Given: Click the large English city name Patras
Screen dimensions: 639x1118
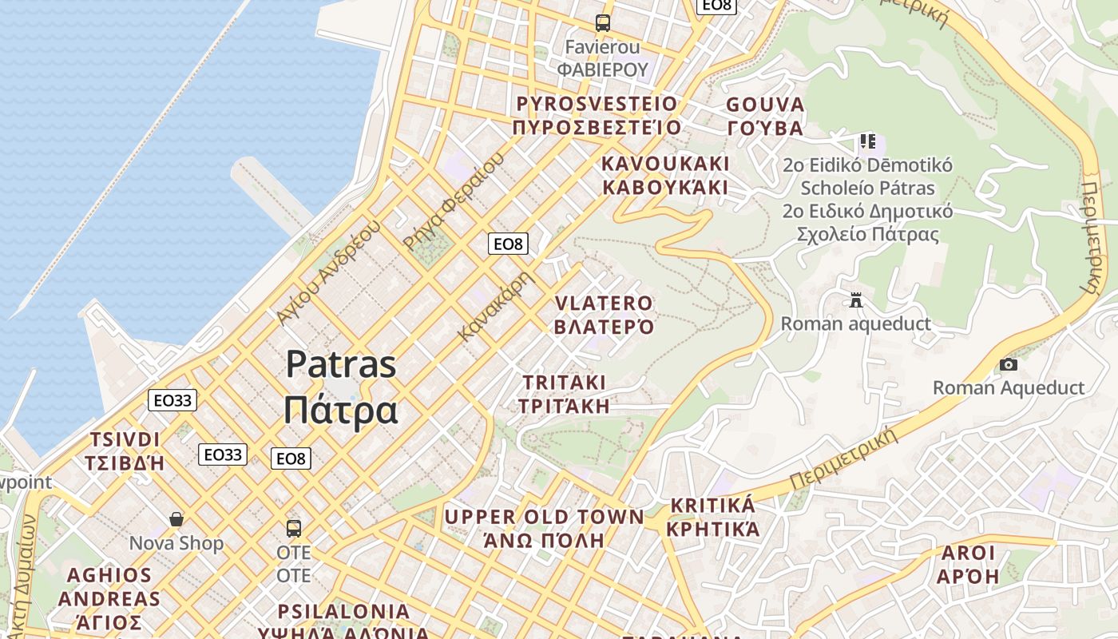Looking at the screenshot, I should [x=341, y=364].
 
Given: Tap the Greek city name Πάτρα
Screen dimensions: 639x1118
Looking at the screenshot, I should [x=341, y=410].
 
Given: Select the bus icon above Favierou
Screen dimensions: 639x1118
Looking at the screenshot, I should [x=603, y=23].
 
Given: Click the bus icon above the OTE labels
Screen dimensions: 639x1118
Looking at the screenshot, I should [x=294, y=528].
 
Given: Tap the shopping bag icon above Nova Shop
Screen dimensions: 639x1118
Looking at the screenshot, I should [x=176, y=519].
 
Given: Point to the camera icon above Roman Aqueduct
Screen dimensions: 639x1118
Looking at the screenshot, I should [x=1009, y=364].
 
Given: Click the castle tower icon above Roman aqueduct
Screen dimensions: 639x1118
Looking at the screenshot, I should [x=856, y=300].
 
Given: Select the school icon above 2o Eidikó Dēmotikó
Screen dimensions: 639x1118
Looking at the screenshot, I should [x=868, y=142].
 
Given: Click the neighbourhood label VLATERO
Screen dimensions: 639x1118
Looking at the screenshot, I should [x=604, y=304].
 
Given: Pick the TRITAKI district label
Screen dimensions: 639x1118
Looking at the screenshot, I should [x=564, y=382].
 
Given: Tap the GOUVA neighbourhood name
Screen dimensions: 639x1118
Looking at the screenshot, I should [x=765, y=105].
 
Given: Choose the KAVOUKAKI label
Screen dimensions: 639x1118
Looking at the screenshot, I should [x=665, y=164].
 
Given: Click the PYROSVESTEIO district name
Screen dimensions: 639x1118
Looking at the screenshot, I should [x=597, y=104].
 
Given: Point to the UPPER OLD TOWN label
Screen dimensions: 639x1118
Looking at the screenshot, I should [x=544, y=517].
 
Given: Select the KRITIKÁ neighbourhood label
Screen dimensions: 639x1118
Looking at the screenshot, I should [x=712, y=506].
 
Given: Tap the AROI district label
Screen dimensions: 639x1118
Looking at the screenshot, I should [x=969, y=553].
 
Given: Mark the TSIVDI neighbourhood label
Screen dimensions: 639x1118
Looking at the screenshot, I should [x=125, y=439].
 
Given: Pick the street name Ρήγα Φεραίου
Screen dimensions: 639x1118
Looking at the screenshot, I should [x=454, y=201].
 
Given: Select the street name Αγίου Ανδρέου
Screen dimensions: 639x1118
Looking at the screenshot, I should [x=327, y=272].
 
